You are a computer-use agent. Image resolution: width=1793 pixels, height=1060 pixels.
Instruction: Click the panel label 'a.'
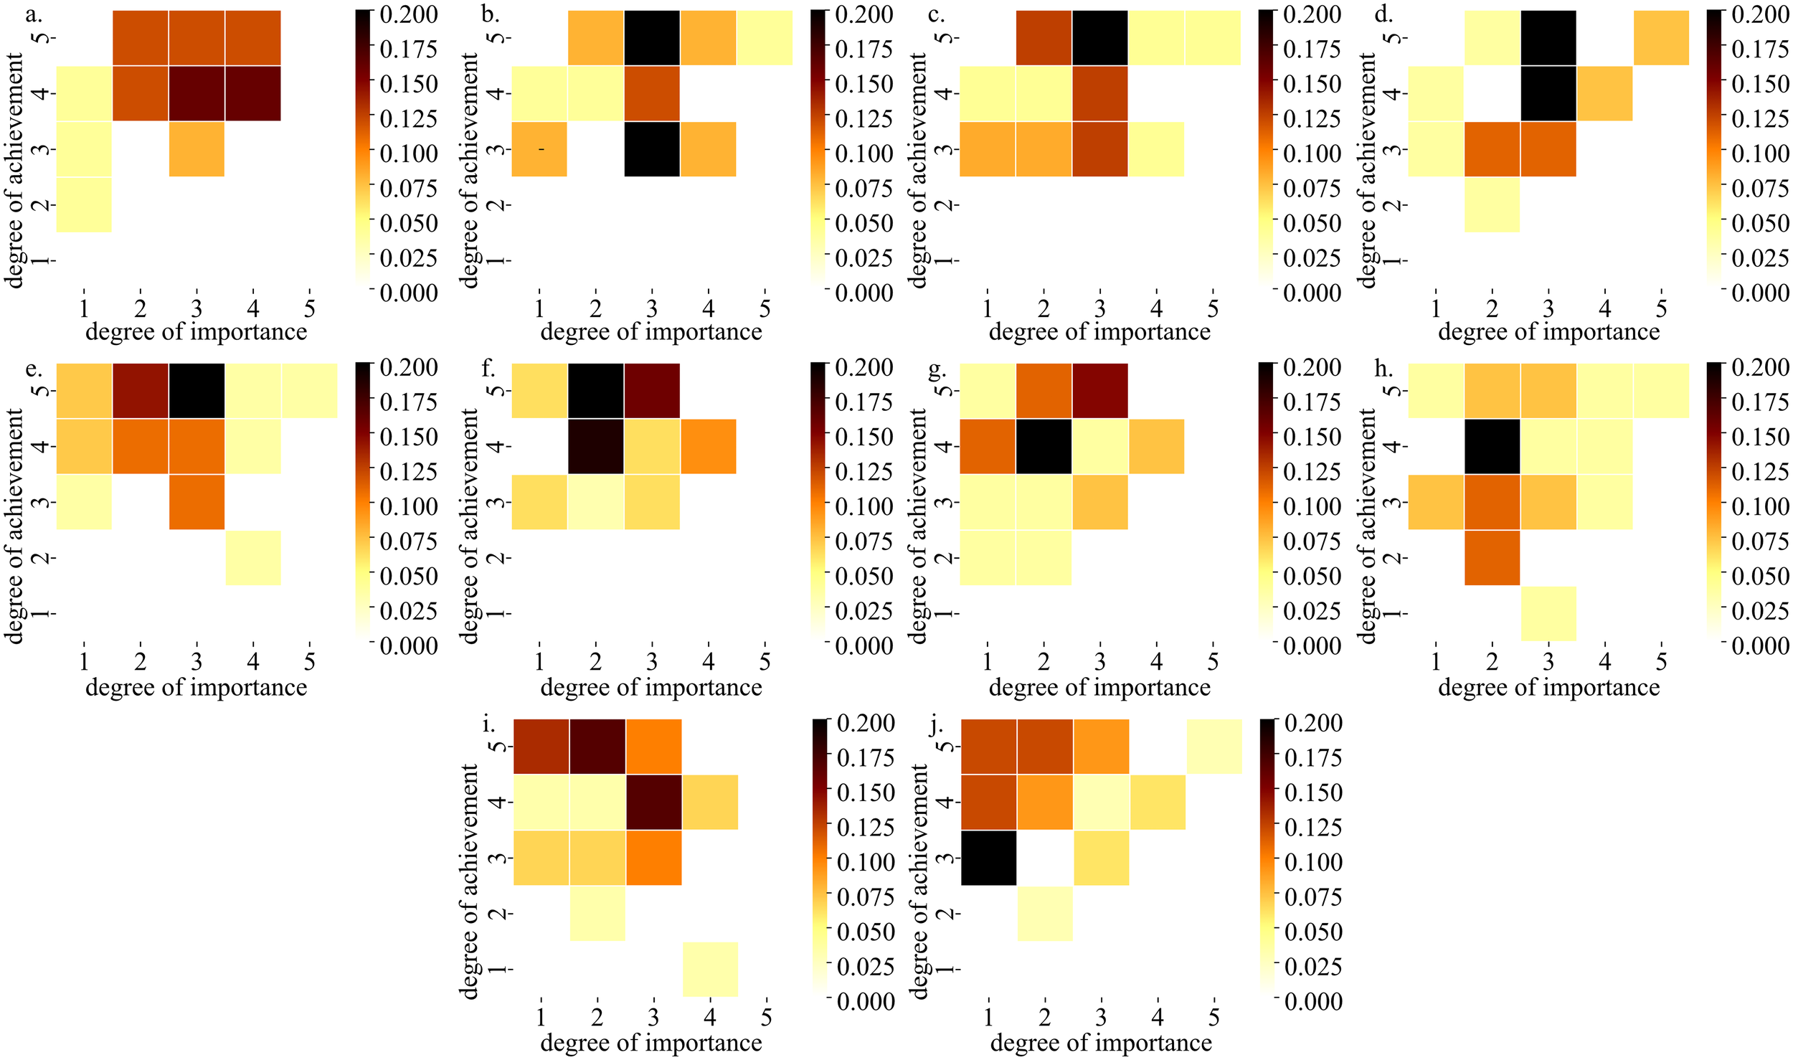34,14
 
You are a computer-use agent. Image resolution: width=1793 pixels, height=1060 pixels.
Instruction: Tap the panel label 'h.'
1383,369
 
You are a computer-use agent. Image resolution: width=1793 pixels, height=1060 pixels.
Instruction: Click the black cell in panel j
988,858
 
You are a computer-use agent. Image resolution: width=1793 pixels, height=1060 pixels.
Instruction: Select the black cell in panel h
1492,446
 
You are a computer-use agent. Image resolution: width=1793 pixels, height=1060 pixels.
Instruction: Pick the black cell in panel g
1044,446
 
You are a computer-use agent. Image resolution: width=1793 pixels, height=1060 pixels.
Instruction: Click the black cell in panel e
197,391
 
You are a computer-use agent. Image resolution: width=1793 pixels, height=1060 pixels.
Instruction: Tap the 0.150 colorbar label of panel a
408,84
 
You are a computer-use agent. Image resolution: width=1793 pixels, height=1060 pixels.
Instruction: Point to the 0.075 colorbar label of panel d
1760,189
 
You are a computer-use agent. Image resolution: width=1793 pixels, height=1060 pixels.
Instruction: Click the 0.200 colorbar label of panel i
866,723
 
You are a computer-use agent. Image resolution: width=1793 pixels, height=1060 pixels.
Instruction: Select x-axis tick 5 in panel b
765,309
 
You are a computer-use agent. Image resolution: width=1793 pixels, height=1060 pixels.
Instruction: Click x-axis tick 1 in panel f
539,661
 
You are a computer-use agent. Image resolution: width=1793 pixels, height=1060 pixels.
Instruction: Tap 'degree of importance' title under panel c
1099,332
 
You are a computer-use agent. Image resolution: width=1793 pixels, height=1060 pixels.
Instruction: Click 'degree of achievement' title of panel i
470,881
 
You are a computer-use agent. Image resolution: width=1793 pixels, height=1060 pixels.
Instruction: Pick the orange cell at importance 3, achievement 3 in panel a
197,149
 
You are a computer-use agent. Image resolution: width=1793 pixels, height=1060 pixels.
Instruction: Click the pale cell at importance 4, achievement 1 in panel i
710,969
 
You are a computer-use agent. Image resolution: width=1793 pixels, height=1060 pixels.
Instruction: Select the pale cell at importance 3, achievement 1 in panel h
1548,613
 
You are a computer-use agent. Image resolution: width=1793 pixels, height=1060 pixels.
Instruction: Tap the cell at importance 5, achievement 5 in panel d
1661,38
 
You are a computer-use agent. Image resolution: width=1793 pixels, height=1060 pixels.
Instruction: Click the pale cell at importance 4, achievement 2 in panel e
253,558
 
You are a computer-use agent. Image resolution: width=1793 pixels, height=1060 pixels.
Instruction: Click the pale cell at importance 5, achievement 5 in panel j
1214,746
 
